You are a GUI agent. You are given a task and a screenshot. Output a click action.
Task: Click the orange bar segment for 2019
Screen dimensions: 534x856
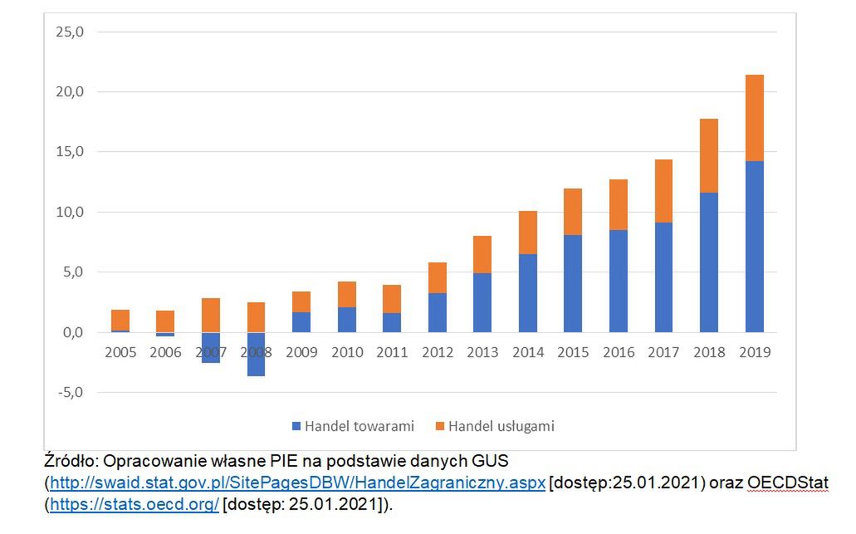[x=754, y=118]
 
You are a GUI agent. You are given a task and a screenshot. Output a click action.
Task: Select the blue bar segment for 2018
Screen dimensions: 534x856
[x=708, y=262]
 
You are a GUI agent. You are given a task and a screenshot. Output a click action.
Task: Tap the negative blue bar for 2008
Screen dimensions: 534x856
[x=256, y=355]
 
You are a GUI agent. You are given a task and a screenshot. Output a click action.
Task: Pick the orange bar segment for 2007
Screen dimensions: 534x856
[x=211, y=315]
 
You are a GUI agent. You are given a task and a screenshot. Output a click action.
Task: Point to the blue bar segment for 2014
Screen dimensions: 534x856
[x=527, y=292]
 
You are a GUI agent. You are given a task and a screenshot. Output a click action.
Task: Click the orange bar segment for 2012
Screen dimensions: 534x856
[x=437, y=277]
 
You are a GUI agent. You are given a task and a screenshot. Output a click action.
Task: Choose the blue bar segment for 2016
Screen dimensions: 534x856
[x=618, y=281]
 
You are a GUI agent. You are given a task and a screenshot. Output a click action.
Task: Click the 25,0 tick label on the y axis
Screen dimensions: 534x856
[x=70, y=32]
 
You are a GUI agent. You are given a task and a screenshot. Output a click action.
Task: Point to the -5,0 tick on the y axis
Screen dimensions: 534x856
[x=70, y=392]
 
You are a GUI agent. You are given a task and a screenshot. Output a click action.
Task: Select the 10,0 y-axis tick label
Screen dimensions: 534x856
[x=70, y=212]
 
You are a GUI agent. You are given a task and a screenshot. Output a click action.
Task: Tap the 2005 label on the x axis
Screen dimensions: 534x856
[x=120, y=352]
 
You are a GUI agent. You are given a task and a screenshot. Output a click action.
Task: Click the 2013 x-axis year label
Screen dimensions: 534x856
[x=482, y=352]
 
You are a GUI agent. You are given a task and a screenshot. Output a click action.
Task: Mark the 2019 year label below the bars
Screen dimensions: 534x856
[x=754, y=352]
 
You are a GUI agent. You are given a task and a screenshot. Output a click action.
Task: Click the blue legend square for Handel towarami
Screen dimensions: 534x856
[x=296, y=427]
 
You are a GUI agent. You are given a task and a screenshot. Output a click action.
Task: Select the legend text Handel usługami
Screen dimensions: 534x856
[x=501, y=427]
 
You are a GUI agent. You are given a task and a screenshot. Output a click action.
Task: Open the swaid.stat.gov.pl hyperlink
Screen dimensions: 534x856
[x=297, y=483]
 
